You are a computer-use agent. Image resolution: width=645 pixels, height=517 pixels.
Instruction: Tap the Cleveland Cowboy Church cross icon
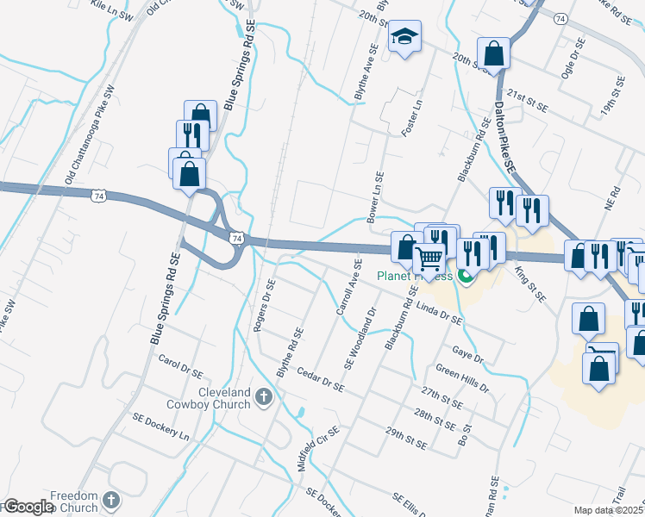point(265,396)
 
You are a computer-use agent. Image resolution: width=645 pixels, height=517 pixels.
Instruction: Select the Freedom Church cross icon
point(110,499)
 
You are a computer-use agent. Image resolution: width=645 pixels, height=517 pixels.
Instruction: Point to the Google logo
point(28,507)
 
